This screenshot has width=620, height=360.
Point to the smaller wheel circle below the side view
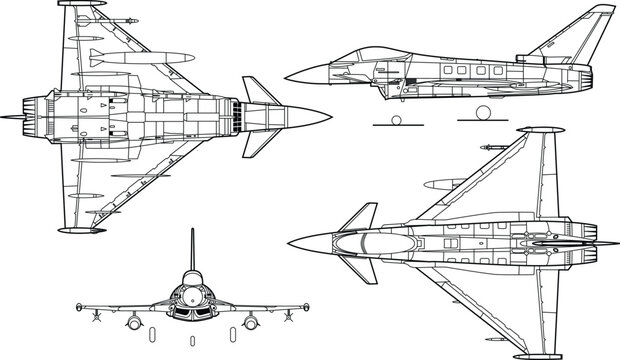coord(395,121)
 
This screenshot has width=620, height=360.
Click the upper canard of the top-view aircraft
coord(361,216)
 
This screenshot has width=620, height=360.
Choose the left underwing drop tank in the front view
coord(132,321)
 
